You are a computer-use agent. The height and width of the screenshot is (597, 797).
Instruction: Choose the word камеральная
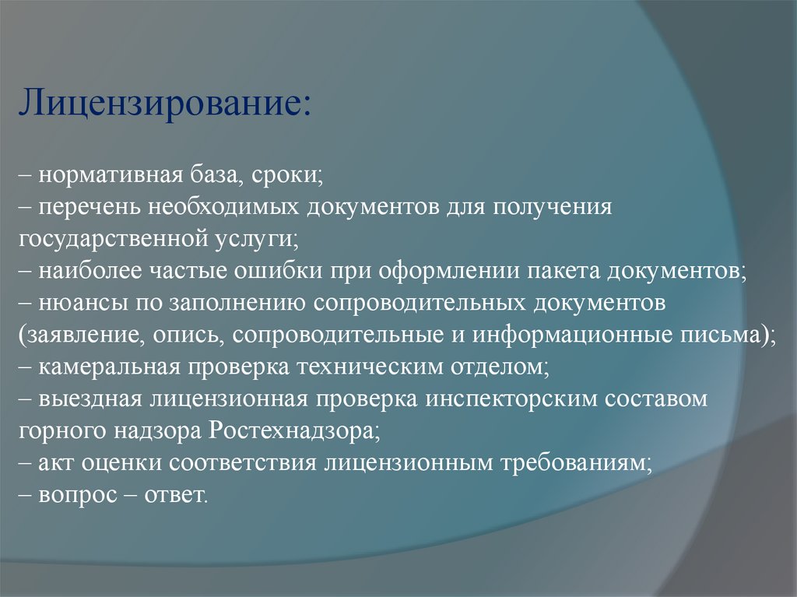(x=110, y=366)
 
